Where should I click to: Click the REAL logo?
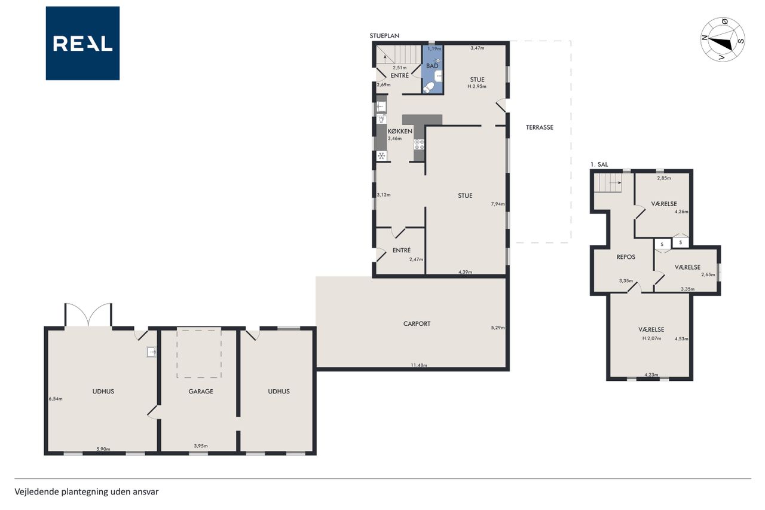[82, 44]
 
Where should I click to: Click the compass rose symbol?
[723, 39]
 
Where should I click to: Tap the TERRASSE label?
[539, 127]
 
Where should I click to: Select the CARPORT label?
[417, 323]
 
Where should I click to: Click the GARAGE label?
[201, 392]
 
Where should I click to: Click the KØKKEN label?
[400, 131]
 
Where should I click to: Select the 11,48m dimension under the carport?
[419, 365]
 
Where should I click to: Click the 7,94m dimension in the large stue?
[498, 204]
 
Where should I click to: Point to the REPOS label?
[626, 257]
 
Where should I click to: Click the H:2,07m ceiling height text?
[651, 338]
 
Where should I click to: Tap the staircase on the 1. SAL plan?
[608, 183]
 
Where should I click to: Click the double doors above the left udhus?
[88, 314]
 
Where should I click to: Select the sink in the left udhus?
[151, 352]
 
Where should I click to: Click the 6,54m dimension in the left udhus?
[56, 399]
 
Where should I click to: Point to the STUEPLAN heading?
[384, 35]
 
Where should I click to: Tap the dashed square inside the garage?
[199, 353]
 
